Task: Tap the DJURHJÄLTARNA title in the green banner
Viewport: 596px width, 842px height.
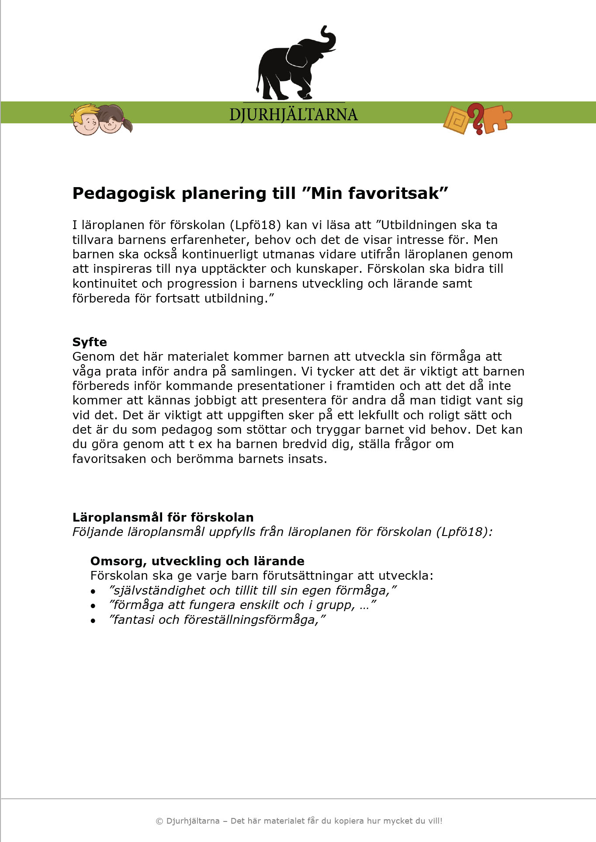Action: click(x=294, y=115)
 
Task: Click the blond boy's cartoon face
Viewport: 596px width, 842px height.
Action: click(x=86, y=120)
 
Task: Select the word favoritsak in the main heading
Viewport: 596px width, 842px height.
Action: click(x=397, y=193)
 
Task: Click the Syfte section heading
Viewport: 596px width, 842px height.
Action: click(x=90, y=342)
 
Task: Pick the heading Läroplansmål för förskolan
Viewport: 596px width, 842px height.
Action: click(x=163, y=517)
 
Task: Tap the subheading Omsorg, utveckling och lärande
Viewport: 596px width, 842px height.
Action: click(x=197, y=561)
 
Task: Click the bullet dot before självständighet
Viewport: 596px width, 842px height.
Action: click(x=93, y=591)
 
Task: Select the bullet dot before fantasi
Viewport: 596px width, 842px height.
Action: click(x=93, y=621)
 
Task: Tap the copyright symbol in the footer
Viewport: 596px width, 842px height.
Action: click(x=159, y=821)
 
